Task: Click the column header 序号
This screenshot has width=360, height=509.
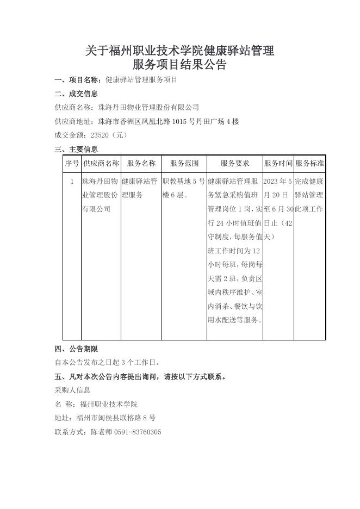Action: [x=72, y=163]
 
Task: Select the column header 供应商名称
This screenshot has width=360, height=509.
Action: [x=101, y=163]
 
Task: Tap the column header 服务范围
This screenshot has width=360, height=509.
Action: [x=184, y=163]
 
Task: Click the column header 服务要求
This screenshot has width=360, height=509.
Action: [x=234, y=163]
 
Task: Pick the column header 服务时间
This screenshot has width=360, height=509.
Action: [x=278, y=163]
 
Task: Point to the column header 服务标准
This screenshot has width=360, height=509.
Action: [x=309, y=163]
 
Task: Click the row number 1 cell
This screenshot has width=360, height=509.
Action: [x=72, y=181]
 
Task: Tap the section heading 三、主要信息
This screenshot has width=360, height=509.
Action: [x=77, y=150]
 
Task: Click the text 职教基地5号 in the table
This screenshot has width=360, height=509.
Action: [x=184, y=181]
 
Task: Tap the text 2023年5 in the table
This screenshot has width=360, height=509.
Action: [x=278, y=181]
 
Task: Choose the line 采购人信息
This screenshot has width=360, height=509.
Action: [x=72, y=390]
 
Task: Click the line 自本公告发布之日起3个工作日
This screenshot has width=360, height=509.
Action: [x=107, y=362]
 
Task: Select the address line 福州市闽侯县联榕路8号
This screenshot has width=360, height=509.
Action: [x=116, y=418]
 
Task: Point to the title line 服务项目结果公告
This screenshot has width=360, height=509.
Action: [x=179, y=65]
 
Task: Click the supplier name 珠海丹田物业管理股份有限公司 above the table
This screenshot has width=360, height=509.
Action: [x=148, y=107]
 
